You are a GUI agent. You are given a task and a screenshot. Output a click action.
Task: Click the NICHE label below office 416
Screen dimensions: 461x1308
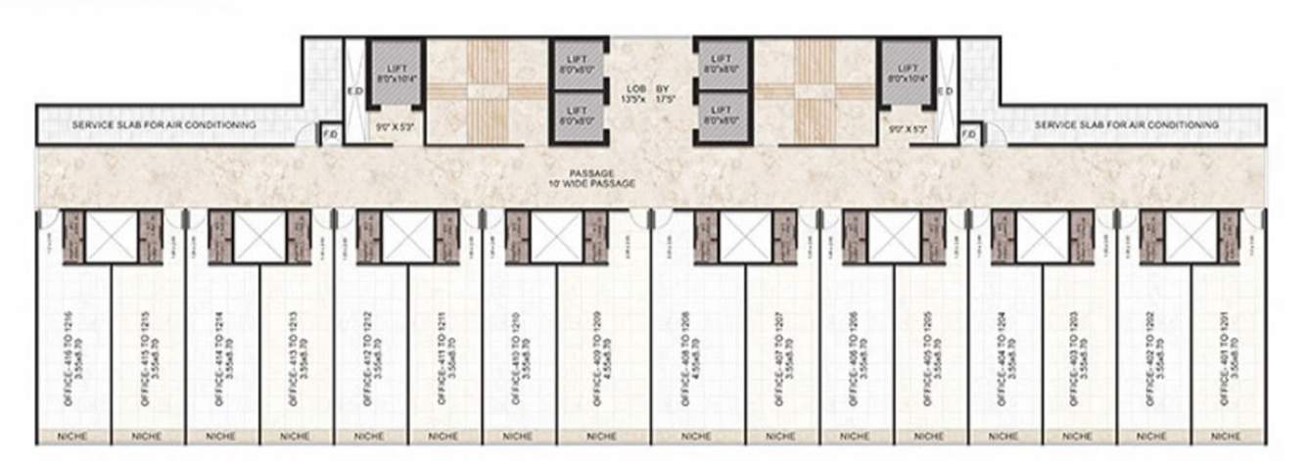(73, 436)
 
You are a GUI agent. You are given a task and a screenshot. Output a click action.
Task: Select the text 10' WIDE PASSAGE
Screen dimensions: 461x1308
(591, 184)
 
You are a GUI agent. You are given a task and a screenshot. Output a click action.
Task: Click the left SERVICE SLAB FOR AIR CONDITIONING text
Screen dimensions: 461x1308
(163, 125)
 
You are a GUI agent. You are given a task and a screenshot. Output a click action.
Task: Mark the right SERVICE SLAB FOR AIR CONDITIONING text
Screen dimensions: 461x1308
(1127, 125)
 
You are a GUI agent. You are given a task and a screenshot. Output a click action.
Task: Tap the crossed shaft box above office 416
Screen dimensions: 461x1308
(112, 237)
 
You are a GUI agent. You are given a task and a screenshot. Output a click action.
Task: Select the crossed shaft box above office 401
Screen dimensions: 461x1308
(1191, 237)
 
